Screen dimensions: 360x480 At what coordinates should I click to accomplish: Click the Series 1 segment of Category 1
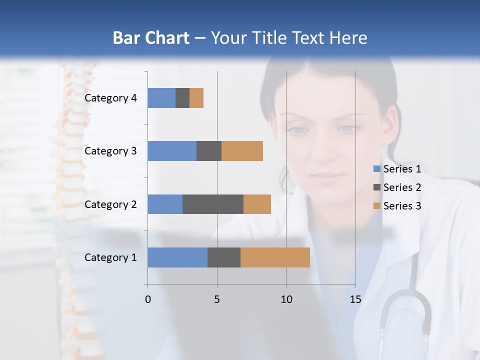[x=177, y=257]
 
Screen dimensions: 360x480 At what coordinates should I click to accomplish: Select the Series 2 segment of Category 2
[x=213, y=204]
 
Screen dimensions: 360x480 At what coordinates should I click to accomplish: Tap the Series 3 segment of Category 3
[x=242, y=151]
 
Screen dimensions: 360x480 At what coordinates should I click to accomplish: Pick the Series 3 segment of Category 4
[x=196, y=98]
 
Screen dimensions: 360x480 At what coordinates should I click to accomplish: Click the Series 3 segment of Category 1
[x=275, y=257]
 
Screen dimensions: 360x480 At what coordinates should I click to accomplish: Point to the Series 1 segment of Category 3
[x=172, y=151]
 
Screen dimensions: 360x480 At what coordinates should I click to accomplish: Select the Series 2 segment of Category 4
[x=182, y=98]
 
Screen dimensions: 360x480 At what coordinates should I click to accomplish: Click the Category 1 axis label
[x=110, y=257]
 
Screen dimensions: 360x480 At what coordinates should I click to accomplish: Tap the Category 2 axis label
[x=110, y=204]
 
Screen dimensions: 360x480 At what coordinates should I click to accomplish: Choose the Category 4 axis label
[x=110, y=98]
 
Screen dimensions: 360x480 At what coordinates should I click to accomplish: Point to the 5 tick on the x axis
[x=217, y=299]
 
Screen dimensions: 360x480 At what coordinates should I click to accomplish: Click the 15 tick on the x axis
[x=355, y=299]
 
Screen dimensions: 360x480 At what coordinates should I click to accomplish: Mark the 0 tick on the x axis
[x=148, y=299]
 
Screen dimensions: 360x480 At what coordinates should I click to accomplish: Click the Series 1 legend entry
[x=402, y=169]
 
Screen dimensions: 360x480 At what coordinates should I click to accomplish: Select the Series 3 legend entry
[x=402, y=206]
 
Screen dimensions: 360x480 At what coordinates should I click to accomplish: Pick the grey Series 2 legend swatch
[x=377, y=187]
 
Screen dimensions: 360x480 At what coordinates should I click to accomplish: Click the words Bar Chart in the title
[x=151, y=38]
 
